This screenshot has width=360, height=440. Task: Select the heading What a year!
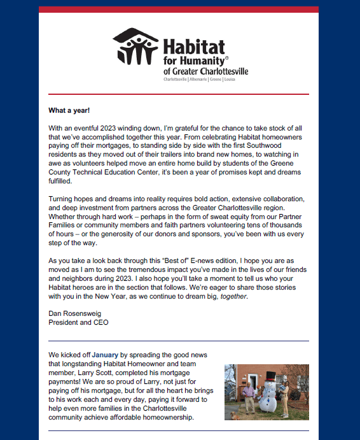69,110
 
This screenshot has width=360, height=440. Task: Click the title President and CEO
78,322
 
